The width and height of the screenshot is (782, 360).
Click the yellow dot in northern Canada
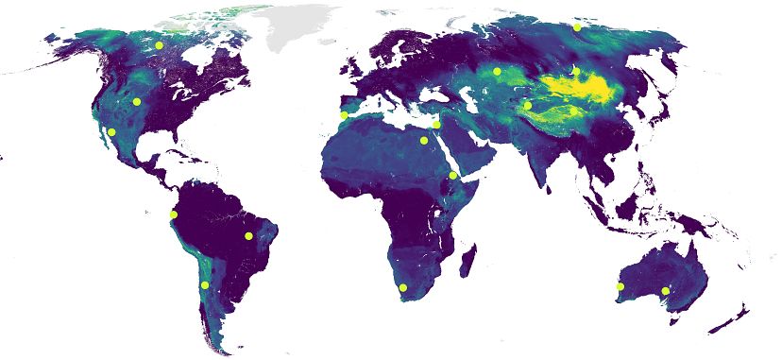tap(160, 45)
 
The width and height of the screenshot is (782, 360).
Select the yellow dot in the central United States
tap(137, 102)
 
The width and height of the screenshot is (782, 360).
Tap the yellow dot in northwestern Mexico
tap(111, 132)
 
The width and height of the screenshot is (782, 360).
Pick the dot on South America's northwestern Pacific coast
tap(173, 215)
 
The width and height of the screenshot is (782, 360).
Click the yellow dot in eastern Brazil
tap(248, 236)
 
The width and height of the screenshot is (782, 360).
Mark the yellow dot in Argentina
tap(204, 285)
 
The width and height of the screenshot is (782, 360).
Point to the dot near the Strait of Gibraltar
tap(344, 116)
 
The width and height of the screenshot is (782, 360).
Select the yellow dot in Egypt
tap(424, 141)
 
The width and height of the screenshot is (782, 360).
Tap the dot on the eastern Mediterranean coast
tap(436, 125)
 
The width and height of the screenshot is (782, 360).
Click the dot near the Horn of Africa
tap(453, 175)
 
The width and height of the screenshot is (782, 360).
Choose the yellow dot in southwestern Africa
tap(402, 287)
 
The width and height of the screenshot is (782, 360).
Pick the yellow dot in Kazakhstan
tap(497, 72)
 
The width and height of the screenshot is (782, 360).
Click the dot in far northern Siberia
tap(577, 27)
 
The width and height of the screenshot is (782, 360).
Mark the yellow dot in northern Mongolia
tap(576, 70)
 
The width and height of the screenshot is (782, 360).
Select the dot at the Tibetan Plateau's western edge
tap(527, 106)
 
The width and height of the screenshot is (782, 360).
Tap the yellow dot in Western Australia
tap(620, 285)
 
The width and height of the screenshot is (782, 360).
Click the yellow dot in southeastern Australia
tap(666, 290)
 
